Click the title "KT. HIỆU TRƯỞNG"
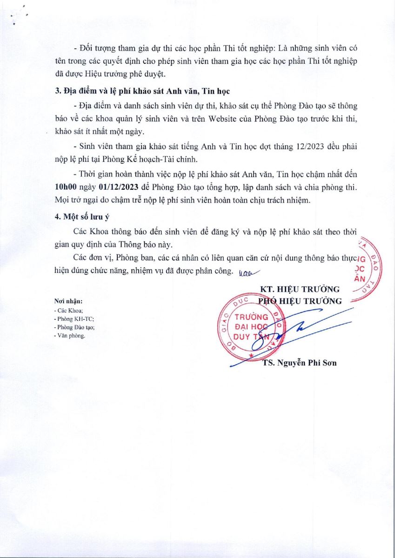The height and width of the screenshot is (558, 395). click(x=300, y=289)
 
